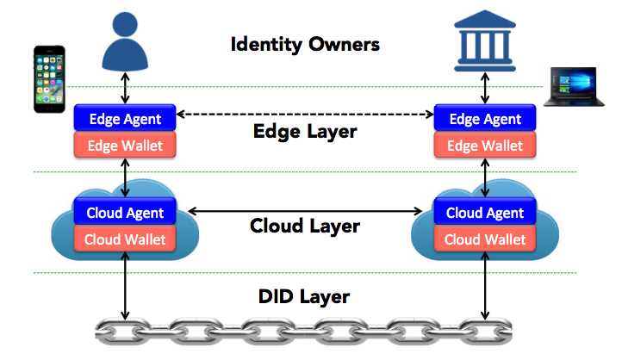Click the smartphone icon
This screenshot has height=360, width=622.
[49, 79]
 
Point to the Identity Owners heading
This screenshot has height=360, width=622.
[305, 43]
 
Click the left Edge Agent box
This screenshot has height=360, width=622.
[126, 118]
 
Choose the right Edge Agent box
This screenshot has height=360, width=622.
[486, 118]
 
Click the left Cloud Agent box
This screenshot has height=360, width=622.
[126, 212]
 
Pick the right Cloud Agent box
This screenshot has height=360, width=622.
[486, 212]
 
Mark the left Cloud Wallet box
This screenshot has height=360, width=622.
[126, 238]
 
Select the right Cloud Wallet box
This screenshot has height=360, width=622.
[486, 238]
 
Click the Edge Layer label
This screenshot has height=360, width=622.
[305, 133]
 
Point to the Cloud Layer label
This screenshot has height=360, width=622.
[304, 227]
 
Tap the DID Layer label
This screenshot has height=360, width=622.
[304, 297]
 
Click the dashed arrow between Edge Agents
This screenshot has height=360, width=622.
[305, 115]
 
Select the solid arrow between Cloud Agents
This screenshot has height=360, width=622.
[305, 210]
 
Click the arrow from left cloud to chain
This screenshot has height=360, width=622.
[127, 289]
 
